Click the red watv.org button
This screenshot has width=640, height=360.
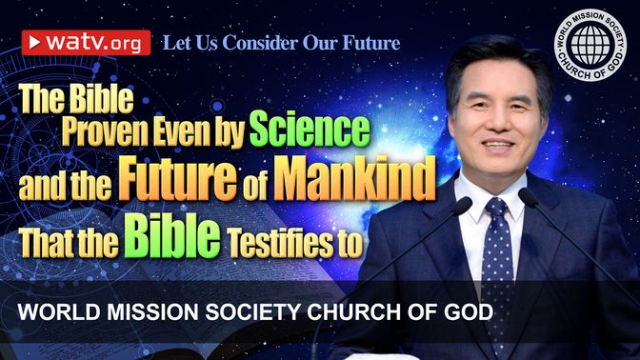tap(86, 43)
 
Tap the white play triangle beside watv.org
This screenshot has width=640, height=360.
tap(34, 42)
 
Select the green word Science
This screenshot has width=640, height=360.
tap(310, 130)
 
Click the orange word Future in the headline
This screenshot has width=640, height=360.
tap(177, 178)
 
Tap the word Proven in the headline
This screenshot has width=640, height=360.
tap(105, 132)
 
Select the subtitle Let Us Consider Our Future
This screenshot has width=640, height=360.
tap(281, 43)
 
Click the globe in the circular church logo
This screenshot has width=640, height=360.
tap(590, 45)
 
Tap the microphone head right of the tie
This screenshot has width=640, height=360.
tap(529, 196)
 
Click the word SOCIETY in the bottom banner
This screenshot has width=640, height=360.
tap(252, 312)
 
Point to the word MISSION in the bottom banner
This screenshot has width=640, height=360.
tap(152, 312)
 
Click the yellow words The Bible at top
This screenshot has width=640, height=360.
tap(76, 99)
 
